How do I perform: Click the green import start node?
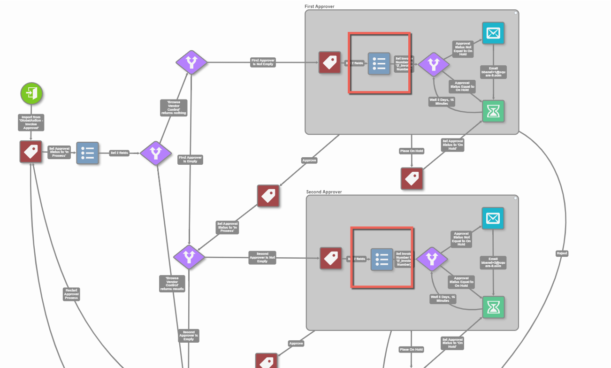tap(31, 93)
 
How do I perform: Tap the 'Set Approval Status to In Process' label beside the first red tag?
tap(59, 152)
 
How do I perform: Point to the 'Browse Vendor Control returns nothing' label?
tap(174, 107)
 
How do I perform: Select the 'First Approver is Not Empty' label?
tap(263, 62)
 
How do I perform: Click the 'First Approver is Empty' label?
tap(191, 160)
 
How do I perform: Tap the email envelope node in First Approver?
tap(493, 33)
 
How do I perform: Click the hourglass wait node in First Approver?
tap(493, 111)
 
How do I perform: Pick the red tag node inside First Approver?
tap(330, 63)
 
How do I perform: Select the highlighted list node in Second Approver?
tap(382, 259)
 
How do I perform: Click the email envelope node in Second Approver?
tap(493, 218)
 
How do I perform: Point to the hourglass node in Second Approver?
tap(494, 307)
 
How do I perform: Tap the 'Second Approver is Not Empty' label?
tap(262, 258)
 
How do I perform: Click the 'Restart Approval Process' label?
tap(71, 294)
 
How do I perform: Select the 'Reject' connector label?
tap(562, 253)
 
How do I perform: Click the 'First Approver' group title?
tap(320, 6)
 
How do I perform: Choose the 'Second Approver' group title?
tap(324, 192)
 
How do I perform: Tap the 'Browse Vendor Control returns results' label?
tap(173, 284)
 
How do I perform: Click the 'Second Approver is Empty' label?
tap(189, 336)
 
